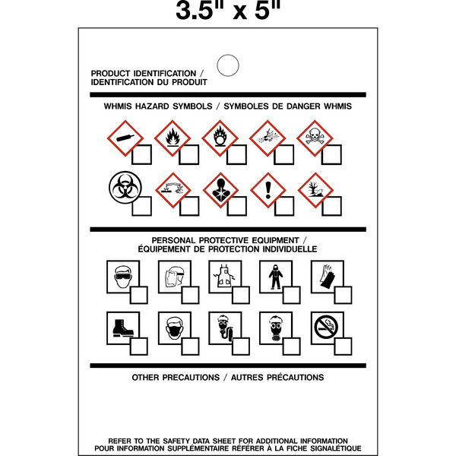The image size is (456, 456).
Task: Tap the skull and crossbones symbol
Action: (x=314, y=138)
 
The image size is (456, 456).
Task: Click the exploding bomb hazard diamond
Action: (x=267, y=138)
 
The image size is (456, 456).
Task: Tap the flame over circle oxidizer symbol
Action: (x=220, y=138)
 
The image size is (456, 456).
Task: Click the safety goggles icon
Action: (x=122, y=275)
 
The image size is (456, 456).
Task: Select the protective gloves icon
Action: (x=326, y=275)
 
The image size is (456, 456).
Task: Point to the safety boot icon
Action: (x=122, y=327)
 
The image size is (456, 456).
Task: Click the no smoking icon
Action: (x=326, y=327)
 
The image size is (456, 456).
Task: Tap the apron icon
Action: (x=224, y=275)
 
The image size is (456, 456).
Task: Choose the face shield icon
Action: (x=173, y=275)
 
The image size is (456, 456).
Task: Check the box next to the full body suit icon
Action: (x=291, y=294)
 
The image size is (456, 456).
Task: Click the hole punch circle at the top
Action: (x=227, y=65)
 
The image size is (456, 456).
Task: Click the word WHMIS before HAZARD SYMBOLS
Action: (x=119, y=106)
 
